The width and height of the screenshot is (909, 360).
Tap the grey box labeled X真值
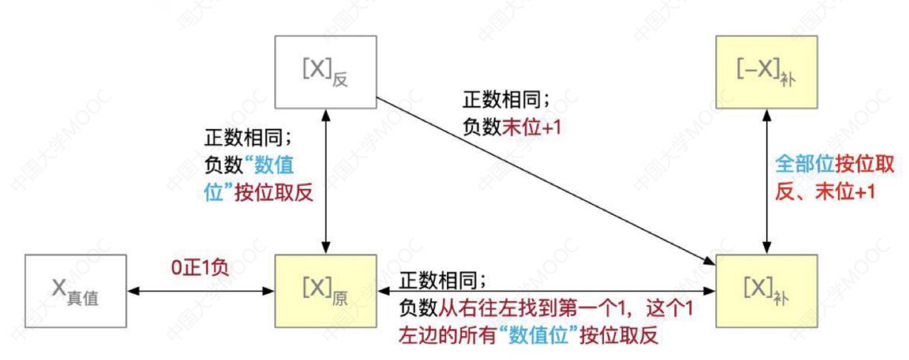(76, 289)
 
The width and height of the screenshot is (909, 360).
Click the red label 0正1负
(199, 269)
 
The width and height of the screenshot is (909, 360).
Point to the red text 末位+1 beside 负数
(531, 127)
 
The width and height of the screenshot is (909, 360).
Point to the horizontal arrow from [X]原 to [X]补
(547, 289)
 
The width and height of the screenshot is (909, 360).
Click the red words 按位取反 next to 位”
(273, 193)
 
